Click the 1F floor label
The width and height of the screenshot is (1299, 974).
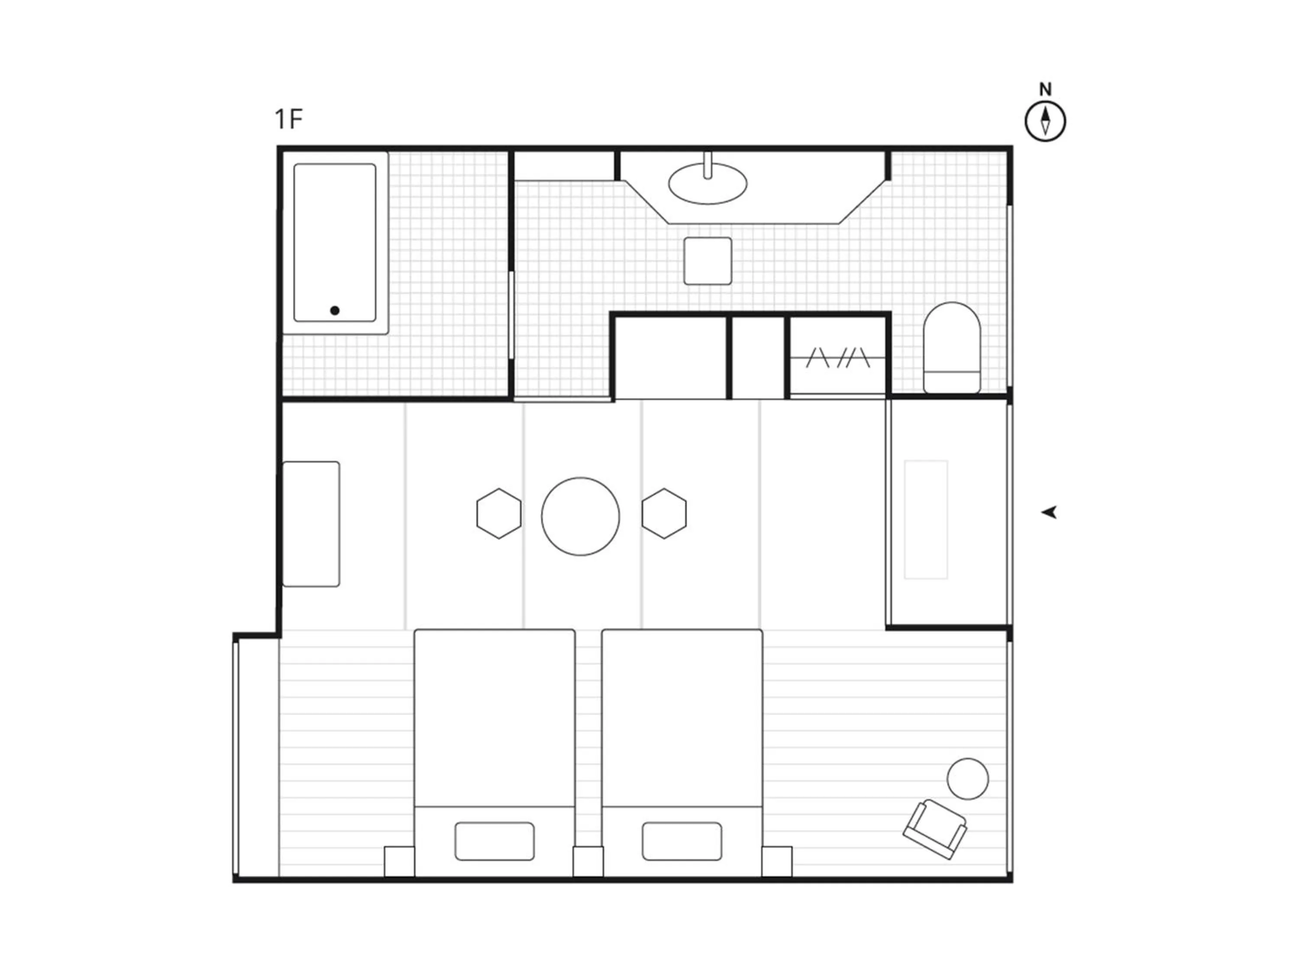click(x=288, y=119)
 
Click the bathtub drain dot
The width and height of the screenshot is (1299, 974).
click(x=335, y=310)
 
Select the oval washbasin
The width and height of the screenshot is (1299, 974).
click(x=708, y=184)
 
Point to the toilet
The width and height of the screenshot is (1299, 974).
click(x=952, y=348)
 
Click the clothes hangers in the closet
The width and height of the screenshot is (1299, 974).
click(x=838, y=358)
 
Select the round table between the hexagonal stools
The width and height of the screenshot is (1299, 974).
click(x=580, y=516)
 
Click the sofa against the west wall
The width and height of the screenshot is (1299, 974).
click(x=311, y=524)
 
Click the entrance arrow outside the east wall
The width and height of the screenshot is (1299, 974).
click(x=1050, y=513)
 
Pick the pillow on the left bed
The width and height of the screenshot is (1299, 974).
click(x=494, y=841)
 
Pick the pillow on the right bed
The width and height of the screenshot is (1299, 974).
click(x=682, y=841)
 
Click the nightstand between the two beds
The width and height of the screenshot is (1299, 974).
click(x=588, y=861)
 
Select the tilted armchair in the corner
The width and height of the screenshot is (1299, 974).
click(x=935, y=829)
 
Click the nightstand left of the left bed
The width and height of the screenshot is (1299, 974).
click(x=399, y=861)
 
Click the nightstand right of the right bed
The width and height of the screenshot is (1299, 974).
click(x=777, y=861)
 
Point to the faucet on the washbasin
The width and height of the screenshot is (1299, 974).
click(x=708, y=165)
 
